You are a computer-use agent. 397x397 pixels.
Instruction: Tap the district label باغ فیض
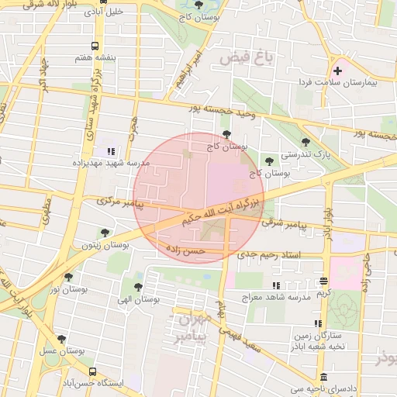pos(246,57)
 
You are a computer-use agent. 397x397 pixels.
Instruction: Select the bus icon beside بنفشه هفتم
pos(95,46)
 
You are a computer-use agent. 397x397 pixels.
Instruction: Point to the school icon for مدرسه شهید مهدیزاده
pos(110,151)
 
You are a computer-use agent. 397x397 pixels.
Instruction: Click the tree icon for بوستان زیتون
pos(105,232)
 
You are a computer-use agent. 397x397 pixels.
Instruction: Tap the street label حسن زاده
pos(185,250)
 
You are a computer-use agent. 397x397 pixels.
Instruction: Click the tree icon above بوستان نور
pos(68,277)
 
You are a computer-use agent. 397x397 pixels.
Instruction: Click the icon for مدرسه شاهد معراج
pos(294,285)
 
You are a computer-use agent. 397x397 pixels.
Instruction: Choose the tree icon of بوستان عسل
pos(61,339)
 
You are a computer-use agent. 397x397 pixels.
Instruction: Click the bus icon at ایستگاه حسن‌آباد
pos(93,371)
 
